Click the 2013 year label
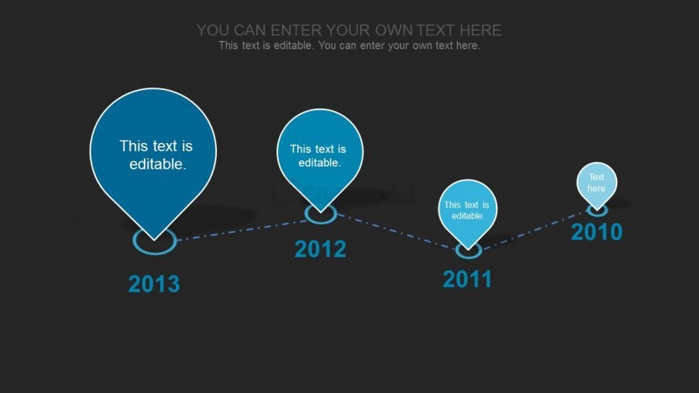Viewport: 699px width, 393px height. [x=153, y=285]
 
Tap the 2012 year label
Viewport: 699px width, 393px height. [x=320, y=249]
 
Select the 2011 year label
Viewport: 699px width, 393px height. [x=467, y=280]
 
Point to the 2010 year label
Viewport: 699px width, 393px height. [x=596, y=232]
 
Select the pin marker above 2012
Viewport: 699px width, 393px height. [x=320, y=154]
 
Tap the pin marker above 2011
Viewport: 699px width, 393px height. [x=467, y=210]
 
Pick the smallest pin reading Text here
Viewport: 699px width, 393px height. [x=596, y=183]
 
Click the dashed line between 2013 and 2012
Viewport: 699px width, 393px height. [x=241, y=230]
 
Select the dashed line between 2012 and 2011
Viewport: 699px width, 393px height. [x=396, y=231]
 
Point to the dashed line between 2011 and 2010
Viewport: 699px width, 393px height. [x=534, y=230]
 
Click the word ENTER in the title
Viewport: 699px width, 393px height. [x=296, y=31]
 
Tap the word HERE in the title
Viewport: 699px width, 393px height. [x=480, y=31]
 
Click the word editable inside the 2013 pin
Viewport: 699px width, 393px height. [x=157, y=164]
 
